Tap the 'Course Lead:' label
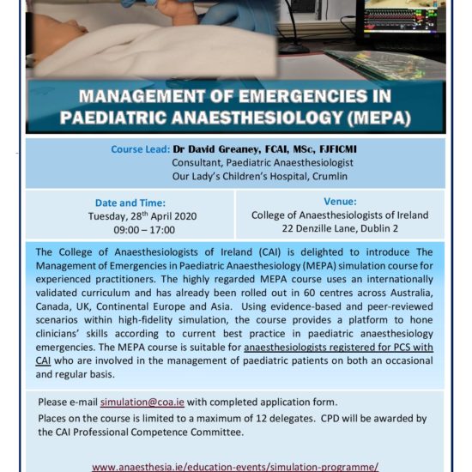click(140, 149)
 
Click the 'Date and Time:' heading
click(130, 203)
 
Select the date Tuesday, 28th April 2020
click(131, 216)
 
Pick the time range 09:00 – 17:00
click(130, 230)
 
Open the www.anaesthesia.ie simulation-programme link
click(235, 466)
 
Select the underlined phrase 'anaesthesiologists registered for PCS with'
click(338, 348)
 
